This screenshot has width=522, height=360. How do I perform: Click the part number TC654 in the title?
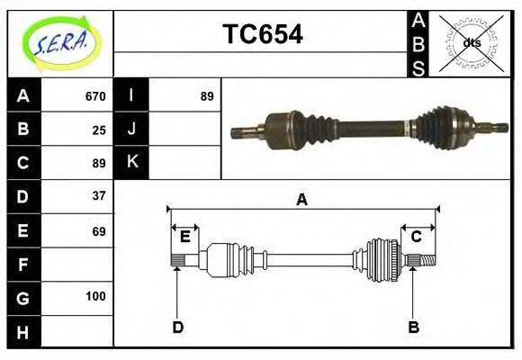pyautogui.click(x=262, y=35)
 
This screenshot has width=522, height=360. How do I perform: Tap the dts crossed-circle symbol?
pyautogui.click(x=471, y=42)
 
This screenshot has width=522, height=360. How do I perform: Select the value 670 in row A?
pyautogui.click(x=95, y=95)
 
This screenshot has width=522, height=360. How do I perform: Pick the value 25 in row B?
pyautogui.click(x=99, y=130)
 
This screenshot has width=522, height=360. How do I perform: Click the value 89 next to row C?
pyautogui.click(x=99, y=164)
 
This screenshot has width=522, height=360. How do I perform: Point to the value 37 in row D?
pyautogui.click(x=99, y=195)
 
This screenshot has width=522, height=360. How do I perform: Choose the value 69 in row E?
pyautogui.click(x=99, y=231)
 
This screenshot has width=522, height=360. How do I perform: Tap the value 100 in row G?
pyautogui.click(x=95, y=296)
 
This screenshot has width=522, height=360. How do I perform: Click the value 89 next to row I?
pyautogui.click(x=207, y=95)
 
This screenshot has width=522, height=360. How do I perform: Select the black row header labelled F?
pyautogui.click(x=23, y=265)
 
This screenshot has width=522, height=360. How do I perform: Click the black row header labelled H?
pyautogui.click(x=23, y=332)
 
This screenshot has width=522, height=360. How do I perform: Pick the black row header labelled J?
pyautogui.click(x=132, y=129)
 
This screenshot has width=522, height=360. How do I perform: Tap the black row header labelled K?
pyautogui.click(x=132, y=163)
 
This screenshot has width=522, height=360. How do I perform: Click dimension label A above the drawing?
pyautogui.click(x=301, y=200)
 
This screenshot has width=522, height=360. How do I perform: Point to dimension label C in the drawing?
pyautogui.click(x=417, y=237)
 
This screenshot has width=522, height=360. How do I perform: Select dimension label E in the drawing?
pyautogui.click(x=184, y=237)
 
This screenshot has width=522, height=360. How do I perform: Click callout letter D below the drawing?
pyautogui.click(x=177, y=327)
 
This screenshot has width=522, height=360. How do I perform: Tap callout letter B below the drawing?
pyautogui.click(x=413, y=327)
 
